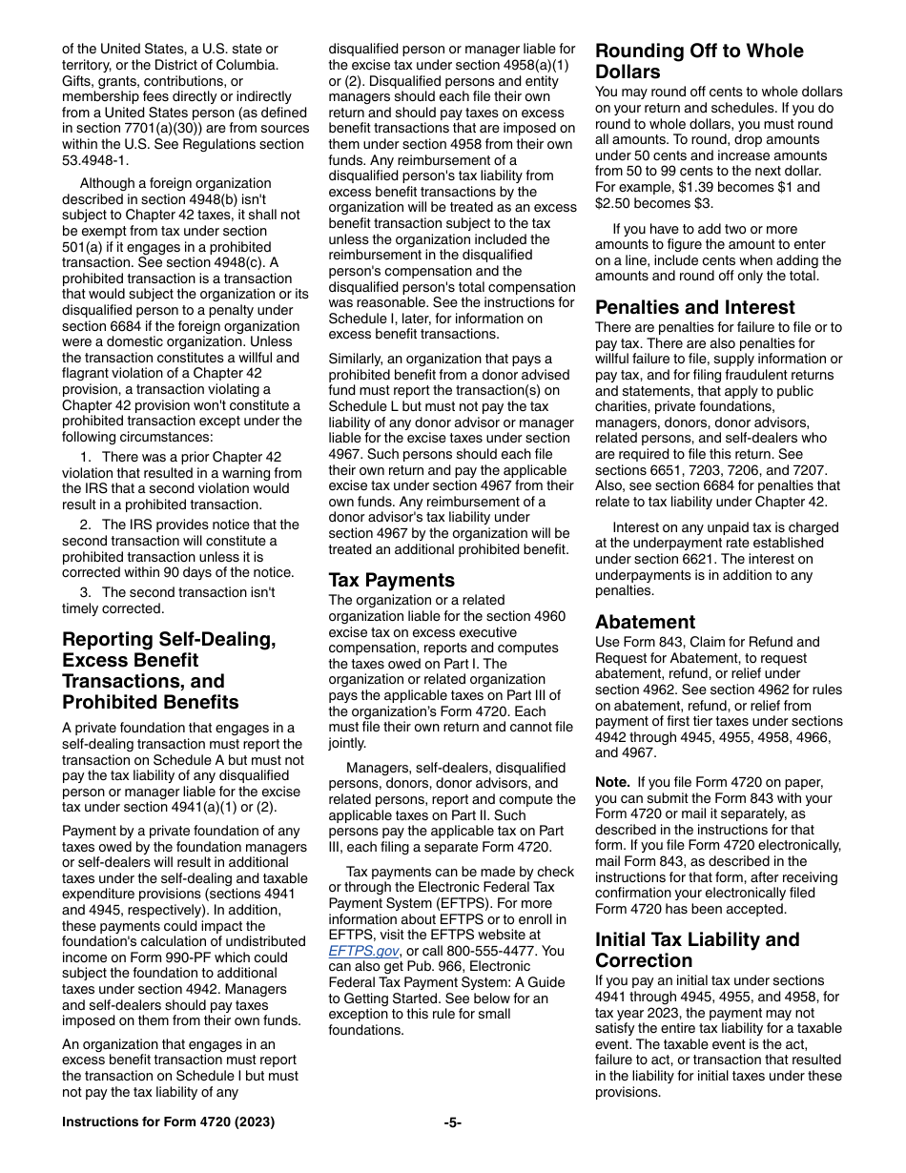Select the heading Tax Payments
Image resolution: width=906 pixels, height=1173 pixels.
pos(392,580)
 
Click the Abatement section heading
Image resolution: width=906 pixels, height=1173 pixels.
pos(646,622)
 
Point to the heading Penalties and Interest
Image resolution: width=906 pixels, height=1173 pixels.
pos(695,307)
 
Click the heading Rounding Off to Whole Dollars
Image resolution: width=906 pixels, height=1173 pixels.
pos(699,61)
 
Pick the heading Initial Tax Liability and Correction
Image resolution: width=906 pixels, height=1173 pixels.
pos(697,950)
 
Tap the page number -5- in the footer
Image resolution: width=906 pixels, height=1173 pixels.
pos(453,1122)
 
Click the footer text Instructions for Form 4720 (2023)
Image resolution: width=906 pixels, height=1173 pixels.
pos(168,1122)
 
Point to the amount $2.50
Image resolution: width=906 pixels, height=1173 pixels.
pos(616,203)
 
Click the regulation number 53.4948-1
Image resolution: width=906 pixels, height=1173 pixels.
pos(96,159)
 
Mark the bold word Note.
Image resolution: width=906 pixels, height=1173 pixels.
pos(612,782)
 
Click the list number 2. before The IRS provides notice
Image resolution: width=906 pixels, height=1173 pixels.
pos(86,525)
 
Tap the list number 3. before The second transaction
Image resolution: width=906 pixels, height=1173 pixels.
pos(86,592)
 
